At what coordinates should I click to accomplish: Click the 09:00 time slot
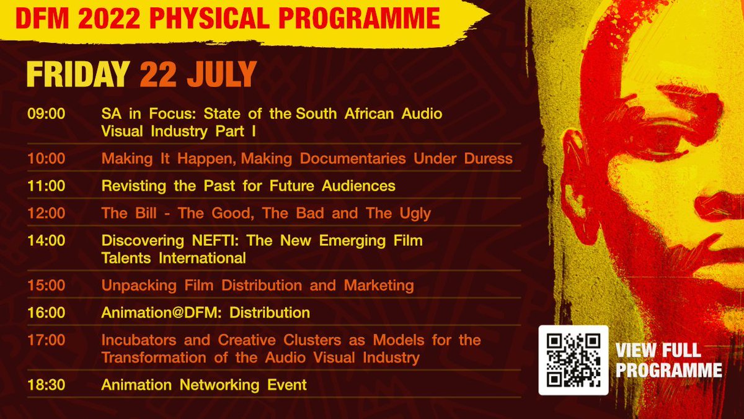(46, 114)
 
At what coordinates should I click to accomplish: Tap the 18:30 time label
(46, 385)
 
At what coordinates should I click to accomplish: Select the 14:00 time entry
(46, 240)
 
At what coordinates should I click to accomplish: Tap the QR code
(573, 360)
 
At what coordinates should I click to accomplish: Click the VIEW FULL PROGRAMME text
(668, 361)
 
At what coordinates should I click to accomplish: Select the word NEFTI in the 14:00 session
(212, 240)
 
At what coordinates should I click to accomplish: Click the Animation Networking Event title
(204, 385)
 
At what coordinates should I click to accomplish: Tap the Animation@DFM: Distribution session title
(205, 312)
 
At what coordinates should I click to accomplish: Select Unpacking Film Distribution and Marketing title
(257, 286)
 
